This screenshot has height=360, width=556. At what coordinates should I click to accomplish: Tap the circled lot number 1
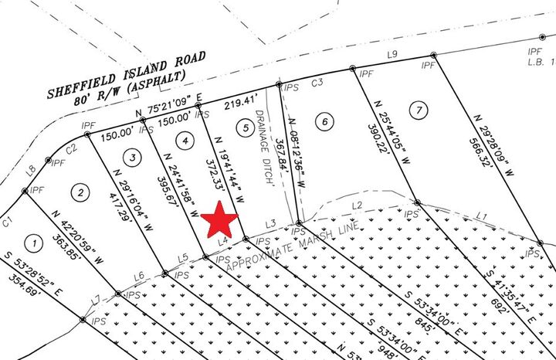[x=33, y=243]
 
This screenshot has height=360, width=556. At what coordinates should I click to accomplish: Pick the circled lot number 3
[x=134, y=157]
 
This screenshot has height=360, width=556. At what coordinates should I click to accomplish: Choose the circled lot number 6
[x=324, y=121]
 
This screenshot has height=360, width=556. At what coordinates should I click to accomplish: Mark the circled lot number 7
[x=417, y=108]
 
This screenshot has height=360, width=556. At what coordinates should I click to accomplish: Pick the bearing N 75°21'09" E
[x=168, y=107]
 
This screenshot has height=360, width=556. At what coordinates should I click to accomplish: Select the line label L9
[x=392, y=54]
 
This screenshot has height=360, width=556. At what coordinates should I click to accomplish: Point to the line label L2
[x=357, y=205]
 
